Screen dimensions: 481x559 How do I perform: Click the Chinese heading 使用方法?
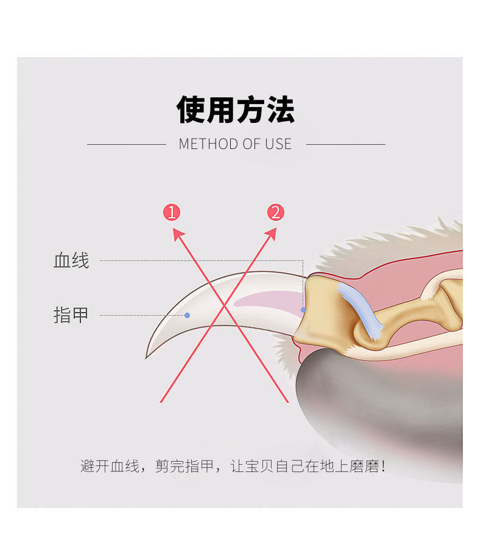[236, 109]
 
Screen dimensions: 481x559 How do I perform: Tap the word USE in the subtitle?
[278, 144]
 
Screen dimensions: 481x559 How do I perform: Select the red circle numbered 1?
[172, 212]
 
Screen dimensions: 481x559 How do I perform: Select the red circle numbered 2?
[276, 212]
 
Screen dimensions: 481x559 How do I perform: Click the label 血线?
[71, 261]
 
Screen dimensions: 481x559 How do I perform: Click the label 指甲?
[71, 315]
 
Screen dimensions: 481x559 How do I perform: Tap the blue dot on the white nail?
[187, 315]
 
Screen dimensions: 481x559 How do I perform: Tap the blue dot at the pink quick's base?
[303, 310]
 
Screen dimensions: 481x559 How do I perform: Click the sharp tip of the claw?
[147, 357]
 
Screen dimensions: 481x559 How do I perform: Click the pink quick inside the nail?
[268, 299]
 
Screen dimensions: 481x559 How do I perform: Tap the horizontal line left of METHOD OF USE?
[127, 144]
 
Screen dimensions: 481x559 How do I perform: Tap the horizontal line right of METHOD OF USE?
[345, 144]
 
